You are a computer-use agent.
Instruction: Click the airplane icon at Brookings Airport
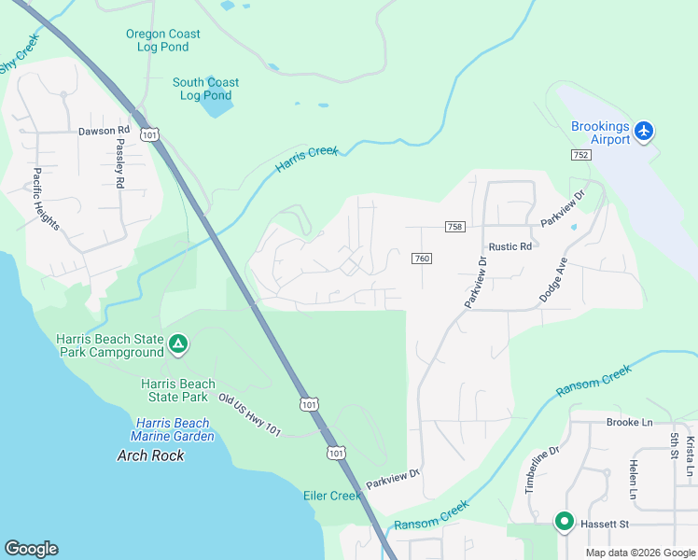click(x=644, y=132)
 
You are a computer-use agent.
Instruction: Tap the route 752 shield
click(x=581, y=155)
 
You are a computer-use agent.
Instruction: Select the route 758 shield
click(x=454, y=227)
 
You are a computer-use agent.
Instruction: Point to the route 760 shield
click(x=421, y=259)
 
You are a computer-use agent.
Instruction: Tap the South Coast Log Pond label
click(x=205, y=89)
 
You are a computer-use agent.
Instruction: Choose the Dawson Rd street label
click(x=104, y=131)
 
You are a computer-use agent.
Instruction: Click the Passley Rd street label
click(x=119, y=163)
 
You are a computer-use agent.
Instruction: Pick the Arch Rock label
click(x=150, y=455)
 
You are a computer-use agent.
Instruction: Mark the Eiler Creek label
click(x=332, y=496)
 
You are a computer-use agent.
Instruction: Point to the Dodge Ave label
click(x=552, y=279)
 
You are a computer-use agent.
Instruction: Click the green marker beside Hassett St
click(x=564, y=522)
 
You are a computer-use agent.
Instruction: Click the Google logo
click(x=32, y=549)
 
